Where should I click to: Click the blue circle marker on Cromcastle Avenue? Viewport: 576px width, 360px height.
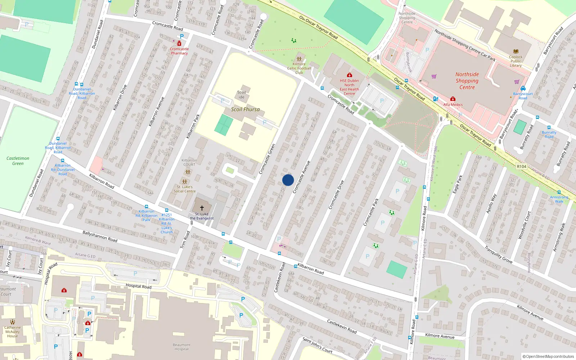click(288, 180)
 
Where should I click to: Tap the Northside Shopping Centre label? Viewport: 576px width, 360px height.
click(467, 81)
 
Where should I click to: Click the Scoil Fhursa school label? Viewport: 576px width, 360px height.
click(245, 109)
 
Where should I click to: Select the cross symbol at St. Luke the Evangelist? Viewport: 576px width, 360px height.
click(202, 208)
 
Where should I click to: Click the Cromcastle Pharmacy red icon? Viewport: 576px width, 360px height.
click(179, 44)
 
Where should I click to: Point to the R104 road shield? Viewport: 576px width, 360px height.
click(521, 166)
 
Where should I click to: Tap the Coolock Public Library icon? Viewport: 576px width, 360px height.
click(516, 51)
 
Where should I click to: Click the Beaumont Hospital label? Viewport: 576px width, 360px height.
click(181, 347)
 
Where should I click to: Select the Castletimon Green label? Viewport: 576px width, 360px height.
click(18, 161)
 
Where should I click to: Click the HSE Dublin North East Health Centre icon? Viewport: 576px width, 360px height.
click(349, 75)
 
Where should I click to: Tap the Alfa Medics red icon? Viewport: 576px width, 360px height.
click(453, 99)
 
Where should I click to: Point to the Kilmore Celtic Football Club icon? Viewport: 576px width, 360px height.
click(299, 59)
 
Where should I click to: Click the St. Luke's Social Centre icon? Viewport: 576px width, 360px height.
click(185, 182)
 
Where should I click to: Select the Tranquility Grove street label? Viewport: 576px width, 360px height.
click(498, 255)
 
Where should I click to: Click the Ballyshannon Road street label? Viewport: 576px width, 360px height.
click(100, 236)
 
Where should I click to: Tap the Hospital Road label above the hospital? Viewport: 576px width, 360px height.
click(139, 286)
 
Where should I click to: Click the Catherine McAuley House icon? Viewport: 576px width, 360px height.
click(13, 322)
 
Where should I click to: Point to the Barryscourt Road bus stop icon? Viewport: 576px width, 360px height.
click(523, 89)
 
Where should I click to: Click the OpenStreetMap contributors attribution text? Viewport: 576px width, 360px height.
click(548, 356)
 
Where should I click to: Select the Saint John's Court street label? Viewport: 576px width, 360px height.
click(318, 345)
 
